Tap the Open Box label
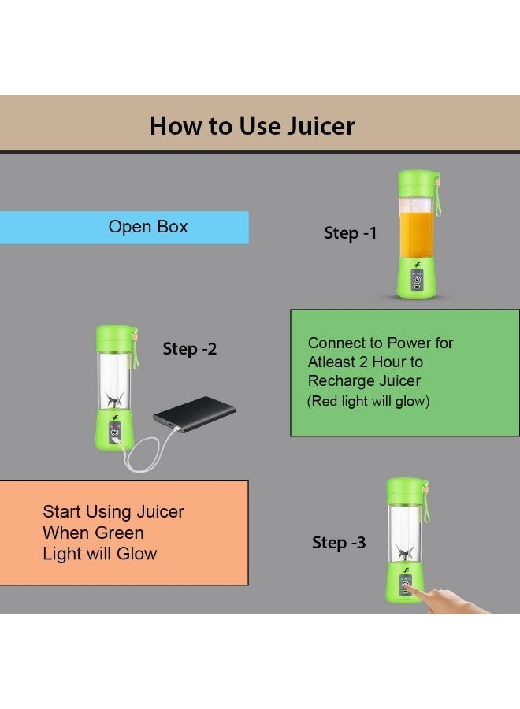148,227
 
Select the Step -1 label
350,233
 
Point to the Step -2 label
189,349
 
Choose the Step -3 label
339,542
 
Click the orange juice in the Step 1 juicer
416,234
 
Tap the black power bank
195,414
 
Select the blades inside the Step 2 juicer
114,399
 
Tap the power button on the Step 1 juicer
417,280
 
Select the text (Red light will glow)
368,401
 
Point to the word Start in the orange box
62,511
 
